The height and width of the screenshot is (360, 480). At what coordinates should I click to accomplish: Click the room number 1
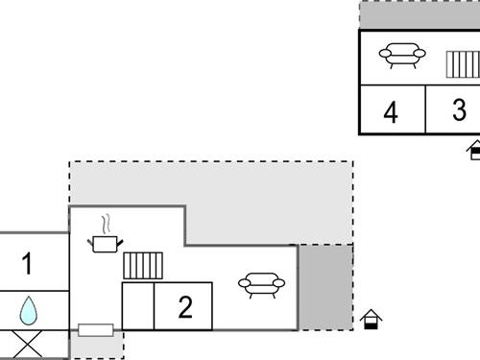pos(27,263)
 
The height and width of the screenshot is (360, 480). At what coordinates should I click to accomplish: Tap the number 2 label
pos(185,307)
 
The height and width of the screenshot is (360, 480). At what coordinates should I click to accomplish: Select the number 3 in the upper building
pos(459,110)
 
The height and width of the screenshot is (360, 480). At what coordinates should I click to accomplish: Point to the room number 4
pos(391,112)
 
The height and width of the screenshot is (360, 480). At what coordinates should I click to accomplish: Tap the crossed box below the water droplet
pos(29,343)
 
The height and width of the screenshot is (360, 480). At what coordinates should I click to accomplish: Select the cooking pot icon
pos(104,244)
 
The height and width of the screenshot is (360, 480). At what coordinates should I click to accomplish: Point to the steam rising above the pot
pos(108,223)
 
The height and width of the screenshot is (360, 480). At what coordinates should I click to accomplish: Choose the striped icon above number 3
pos(463,64)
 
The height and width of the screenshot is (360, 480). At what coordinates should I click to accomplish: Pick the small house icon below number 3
pos(474,149)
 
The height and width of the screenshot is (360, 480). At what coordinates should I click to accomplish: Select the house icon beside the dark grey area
pos(372,318)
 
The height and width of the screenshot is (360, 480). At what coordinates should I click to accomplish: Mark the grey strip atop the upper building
pos(420,15)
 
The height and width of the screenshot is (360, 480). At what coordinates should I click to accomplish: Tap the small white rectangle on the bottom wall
pos(96,330)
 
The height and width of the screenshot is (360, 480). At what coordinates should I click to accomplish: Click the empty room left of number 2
pos(137,306)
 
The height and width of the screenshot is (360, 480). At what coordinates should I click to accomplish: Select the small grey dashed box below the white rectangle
pos(97,347)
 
